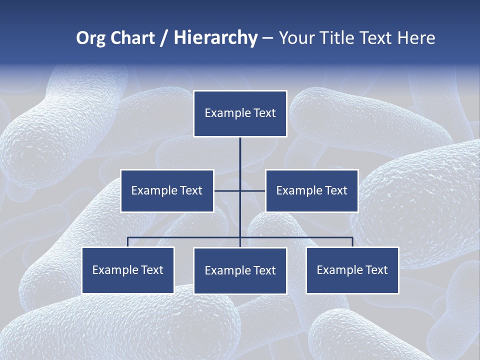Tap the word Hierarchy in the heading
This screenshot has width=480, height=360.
(215, 38)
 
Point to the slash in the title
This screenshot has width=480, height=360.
(164, 38)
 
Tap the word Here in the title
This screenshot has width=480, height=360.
(416, 38)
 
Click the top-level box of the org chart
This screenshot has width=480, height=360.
(240, 113)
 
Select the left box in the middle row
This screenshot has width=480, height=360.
(167, 190)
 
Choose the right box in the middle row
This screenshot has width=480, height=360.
(311, 190)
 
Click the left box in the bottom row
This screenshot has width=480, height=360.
(128, 270)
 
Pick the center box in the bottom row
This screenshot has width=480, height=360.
(240, 270)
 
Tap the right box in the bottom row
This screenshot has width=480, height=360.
(352, 270)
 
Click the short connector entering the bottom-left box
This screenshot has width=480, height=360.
(128, 242)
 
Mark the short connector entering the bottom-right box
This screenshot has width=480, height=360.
(352, 242)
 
